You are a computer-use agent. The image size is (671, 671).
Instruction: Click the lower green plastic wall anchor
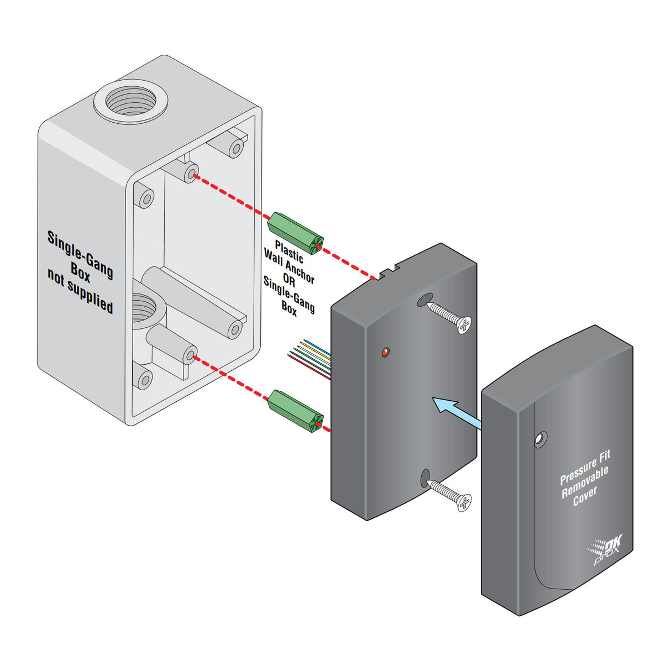(295, 411)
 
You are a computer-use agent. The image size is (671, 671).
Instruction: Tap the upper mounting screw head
(464, 325)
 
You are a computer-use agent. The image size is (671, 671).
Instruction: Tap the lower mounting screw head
(463, 502)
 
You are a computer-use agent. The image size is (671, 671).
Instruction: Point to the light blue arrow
(455, 412)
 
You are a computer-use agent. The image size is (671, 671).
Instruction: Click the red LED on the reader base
(385, 352)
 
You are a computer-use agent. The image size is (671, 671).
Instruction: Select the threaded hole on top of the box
(130, 100)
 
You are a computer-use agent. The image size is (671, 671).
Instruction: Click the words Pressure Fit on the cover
(585, 468)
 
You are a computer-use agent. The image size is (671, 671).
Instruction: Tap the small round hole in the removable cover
(539, 439)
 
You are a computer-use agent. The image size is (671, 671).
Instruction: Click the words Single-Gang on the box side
(80, 254)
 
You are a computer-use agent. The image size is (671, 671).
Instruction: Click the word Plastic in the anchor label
(289, 252)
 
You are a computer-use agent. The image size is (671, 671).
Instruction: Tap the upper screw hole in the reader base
(424, 301)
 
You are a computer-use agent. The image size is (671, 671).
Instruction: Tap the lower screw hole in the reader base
(425, 477)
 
